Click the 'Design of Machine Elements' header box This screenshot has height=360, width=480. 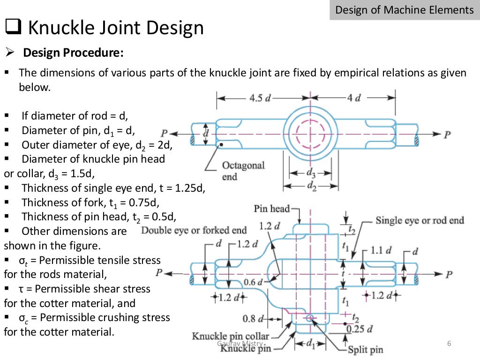click(x=405, y=10)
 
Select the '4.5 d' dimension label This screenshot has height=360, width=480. click(x=260, y=98)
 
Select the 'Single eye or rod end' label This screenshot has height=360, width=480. click(x=420, y=220)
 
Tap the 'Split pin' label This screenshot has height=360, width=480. click(x=365, y=350)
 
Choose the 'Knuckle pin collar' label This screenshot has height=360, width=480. click(x=231, y=337)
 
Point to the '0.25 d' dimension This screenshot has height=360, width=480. click(x=360, y=329)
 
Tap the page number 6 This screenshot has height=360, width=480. click(x=449, y=345)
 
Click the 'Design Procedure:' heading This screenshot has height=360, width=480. click(x=74, y=53)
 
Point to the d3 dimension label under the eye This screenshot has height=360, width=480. click(x=311, y=173)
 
